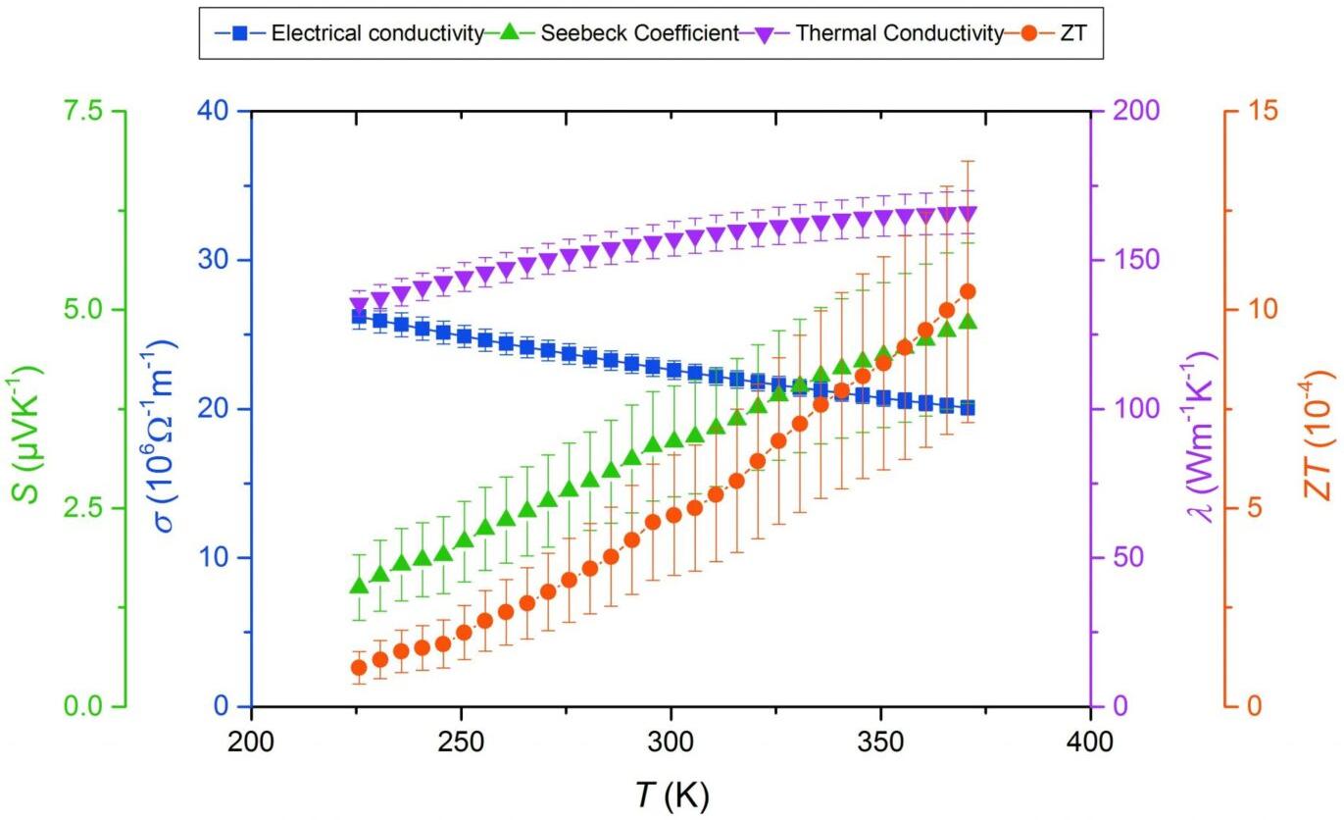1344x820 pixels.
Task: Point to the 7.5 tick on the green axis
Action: pyautogui.click(x=86, y=111)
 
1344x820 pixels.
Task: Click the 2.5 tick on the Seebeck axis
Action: pyautogui.click(x=86, y=508)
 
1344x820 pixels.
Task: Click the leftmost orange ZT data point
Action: pyautogui.click(x=359, y=667)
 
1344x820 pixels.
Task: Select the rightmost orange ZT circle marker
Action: pyautogui.click(x=968, y=291)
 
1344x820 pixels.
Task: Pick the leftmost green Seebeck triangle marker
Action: pyautogui.click(x=359, y=586)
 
